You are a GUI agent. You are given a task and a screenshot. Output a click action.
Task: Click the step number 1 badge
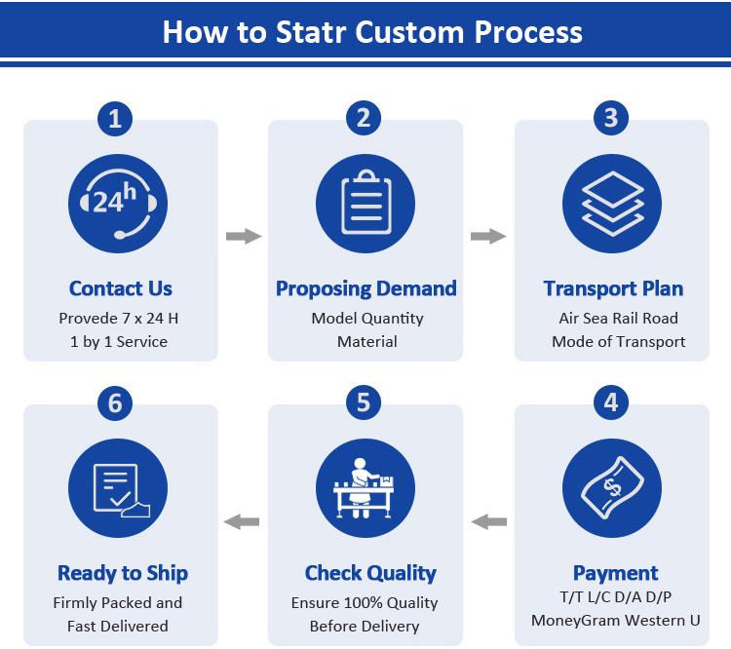coord(116,119)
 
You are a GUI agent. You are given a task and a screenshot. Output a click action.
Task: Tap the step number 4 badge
coord(611,402)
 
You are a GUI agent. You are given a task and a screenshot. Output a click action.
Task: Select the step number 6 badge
coord(116,402)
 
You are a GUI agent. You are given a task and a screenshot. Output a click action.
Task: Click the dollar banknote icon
coord(611,488)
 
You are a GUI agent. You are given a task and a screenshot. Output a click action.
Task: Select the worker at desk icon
coord(365,488)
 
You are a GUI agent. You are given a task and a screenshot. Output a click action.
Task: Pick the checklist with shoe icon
coord(116,488)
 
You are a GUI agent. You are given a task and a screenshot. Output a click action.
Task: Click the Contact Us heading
coord(121,288)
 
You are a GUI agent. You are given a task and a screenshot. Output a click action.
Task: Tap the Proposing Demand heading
coord(366,288)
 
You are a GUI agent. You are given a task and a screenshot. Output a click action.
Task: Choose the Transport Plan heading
coord(613,288)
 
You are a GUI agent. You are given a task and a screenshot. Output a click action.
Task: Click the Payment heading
coord(615,573)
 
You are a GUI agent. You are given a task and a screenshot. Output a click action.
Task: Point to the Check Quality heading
coord(370,573)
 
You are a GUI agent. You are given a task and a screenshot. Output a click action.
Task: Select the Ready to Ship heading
coord(123,573)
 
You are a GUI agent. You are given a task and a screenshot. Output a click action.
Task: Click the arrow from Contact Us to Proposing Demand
coord(244,236)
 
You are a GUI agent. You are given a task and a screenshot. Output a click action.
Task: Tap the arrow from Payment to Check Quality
coord(489,522)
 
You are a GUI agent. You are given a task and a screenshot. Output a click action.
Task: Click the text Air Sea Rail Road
coord(618,319)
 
